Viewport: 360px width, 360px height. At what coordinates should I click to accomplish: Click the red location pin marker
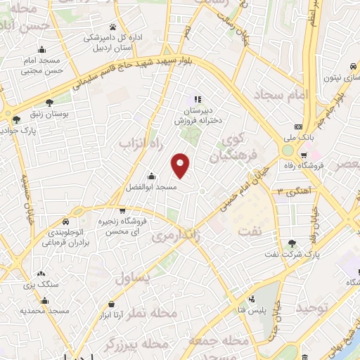181,166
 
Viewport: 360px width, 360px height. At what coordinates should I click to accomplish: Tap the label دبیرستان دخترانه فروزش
198,115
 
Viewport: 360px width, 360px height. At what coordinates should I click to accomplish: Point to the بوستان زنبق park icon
49,103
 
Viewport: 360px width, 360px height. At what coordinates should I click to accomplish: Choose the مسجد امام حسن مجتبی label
44,65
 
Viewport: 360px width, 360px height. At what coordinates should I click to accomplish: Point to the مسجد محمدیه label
44,310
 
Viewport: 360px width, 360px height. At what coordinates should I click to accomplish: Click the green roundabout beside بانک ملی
288,150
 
